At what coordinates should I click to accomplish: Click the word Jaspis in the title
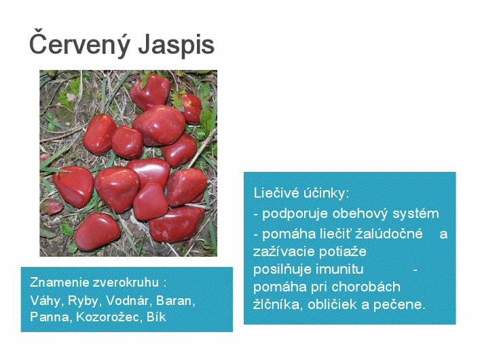tap(177, 45)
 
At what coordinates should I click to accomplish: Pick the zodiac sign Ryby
tap(84, 301)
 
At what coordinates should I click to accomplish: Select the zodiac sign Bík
tap(156, 317)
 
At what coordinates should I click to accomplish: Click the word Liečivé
tap(276, 193)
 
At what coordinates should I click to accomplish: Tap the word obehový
tap(360, 213)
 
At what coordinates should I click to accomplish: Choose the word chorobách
tap(366, 287)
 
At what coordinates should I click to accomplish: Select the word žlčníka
tap(278, 304)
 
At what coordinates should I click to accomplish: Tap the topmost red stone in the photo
tap(150, 92)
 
